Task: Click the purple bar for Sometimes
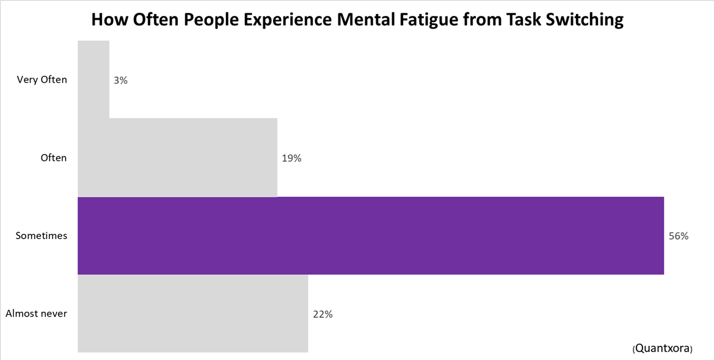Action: click(371, 235)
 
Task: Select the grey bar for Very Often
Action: click(93, 79)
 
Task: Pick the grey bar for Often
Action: click(177, 158)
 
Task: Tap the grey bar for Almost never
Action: click(193, 314)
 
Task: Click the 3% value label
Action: click(120, 80)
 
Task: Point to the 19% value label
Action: click(291, 158)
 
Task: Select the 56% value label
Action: click(679, 236)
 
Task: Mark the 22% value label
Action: click(322, 314)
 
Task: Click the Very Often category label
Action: click(42, 79)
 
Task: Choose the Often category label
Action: click(53, 158)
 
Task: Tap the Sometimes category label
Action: click(42, 235)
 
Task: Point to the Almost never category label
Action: click(36, 314)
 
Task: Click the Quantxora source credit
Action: click(663, 348)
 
